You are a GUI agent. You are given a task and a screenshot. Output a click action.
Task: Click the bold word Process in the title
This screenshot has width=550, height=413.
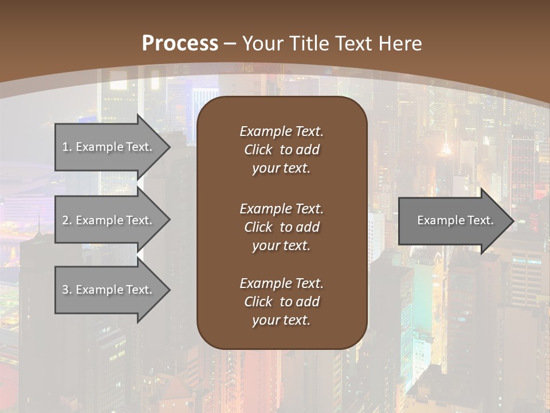tap(180, 44)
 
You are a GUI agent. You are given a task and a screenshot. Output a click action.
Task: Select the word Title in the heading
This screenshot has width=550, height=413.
tap(309, 44)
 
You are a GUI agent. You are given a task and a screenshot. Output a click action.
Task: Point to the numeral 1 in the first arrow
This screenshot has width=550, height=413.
tap(65, 147)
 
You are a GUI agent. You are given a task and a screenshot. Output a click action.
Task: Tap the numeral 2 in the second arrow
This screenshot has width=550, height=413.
tap(65, 220)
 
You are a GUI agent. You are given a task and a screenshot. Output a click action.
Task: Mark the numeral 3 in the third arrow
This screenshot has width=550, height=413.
tap(65, 290)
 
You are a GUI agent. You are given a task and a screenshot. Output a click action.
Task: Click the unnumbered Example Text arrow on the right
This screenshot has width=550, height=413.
tap(453, 220)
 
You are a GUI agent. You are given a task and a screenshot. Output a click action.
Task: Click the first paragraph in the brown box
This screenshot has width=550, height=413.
tap(281, 150)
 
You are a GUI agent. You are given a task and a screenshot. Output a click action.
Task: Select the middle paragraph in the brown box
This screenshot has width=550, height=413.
tap(281, 227)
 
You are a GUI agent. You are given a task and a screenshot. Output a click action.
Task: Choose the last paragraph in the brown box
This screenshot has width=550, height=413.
tap(281, 302)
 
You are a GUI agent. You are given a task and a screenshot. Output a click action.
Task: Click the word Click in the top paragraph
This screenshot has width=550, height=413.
tap(258, 150)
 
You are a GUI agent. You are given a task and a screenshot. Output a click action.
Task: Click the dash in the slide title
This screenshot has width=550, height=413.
tap(230, 44)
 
